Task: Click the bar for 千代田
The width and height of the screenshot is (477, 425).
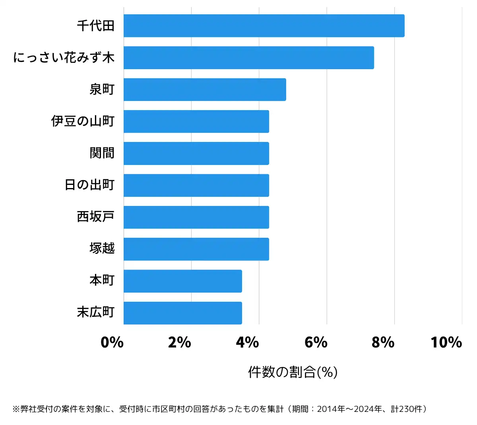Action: coord(264,26)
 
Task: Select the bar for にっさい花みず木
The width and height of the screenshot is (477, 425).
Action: coord(249,58)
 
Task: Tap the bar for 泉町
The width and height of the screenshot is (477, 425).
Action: coord(205,89)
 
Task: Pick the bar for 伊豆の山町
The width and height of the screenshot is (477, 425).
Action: coord(196,121)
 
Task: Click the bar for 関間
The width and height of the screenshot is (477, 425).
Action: coord(196,153)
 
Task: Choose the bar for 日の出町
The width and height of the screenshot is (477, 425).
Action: coord(196,185)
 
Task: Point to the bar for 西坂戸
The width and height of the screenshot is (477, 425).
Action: coord(196,217)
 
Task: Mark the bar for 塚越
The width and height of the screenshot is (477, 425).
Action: coord(196,249)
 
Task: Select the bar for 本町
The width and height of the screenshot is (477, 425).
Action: coord(183,281)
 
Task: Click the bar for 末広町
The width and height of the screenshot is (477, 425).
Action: coord(183,313)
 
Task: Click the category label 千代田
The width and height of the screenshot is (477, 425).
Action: coord(96,26)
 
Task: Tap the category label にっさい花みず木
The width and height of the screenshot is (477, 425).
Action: coord(64,58)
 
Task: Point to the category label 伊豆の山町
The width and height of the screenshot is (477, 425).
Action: coord(83,121)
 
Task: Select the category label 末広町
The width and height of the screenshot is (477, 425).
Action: coord(96,313)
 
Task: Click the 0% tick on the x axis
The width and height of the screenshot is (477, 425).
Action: coord(112,342)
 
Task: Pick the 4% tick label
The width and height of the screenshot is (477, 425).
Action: coord(247,342)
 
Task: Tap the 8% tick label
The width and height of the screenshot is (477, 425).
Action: coord(383,342)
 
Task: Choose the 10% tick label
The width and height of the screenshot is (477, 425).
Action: coord(446,342)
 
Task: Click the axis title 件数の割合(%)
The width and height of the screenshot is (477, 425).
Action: coord(293,372)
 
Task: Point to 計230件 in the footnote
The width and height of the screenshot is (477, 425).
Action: coord(407,409)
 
